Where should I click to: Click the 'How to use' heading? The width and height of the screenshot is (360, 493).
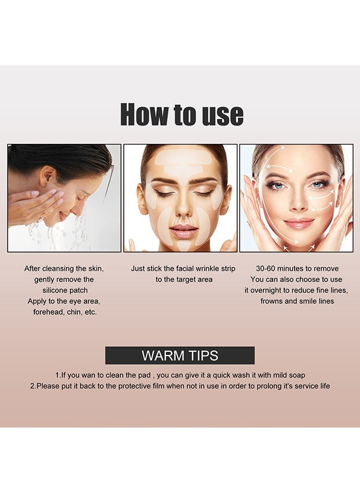tap(182, 115)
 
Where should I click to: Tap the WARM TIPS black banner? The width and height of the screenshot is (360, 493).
tap(180, 356)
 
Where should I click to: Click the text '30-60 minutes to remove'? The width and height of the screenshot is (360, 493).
tap(297, 268)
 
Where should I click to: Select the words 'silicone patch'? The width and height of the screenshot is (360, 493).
tap(65, 290)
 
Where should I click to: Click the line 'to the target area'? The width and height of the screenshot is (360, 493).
tap(184, 279)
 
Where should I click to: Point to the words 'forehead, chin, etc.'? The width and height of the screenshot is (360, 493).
tap(65, 312)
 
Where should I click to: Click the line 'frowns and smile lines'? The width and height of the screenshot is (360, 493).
tap(297, 301)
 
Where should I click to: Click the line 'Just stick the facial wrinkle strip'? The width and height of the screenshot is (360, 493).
tap(183, 268)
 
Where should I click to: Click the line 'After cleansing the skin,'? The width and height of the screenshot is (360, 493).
tap(64, 268)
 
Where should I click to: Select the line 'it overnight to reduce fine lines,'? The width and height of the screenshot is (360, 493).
tap(296, 290)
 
